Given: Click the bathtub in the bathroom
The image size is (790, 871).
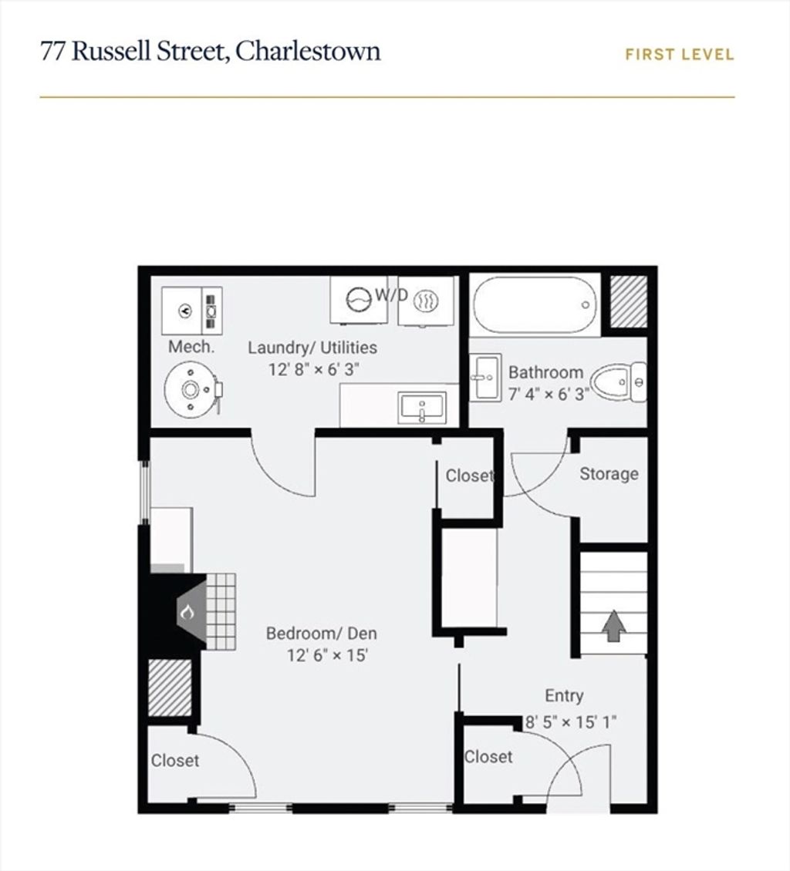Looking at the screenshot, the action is tap(535, 305).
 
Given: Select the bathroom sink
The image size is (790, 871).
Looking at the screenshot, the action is tap(485, 377).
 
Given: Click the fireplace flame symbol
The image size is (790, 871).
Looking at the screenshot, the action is tap(187, 613).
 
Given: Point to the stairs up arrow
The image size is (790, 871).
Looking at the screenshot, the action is tap(613, 626).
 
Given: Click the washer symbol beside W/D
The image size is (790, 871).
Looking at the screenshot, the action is tap(359, 299).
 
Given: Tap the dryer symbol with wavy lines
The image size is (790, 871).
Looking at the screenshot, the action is tap(427, 301).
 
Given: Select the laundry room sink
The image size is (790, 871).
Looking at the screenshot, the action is tap(422, 407).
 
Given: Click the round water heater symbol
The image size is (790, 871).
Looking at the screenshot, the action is tap(191, 390).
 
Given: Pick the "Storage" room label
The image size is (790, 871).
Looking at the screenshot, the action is tap(609, 474).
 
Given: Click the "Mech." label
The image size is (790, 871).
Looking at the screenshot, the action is tap(191, 347).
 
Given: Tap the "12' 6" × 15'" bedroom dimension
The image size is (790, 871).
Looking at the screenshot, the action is tap(327, 655).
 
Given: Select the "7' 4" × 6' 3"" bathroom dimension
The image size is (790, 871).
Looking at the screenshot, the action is tap(549, 394).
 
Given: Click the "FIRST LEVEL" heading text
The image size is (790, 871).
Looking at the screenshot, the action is tap(680, 55).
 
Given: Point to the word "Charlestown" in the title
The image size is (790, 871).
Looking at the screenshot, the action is tap(308, 51).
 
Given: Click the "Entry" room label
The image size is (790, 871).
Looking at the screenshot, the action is tap(564, 695).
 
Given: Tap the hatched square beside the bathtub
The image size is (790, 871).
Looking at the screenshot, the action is tap(629, 301).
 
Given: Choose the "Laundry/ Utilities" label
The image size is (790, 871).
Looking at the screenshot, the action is tap(312, 348).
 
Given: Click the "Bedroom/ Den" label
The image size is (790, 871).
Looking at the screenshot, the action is tap(322, 634).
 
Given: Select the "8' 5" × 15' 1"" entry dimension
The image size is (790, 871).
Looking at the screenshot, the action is tap(572, 722).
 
